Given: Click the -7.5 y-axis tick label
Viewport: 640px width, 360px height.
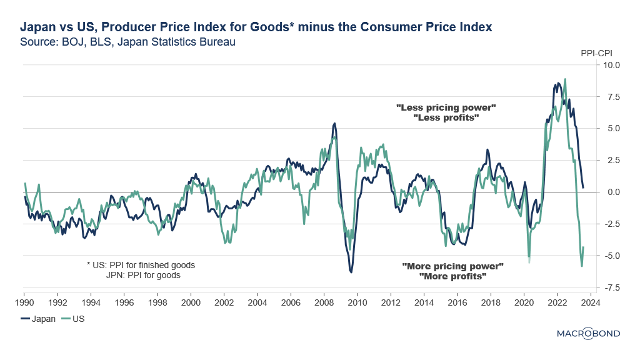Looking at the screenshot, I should coord(611,287).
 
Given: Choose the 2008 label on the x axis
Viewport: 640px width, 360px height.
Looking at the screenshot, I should coord(324,301).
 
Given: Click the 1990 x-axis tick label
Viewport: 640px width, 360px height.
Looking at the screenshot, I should coord(24,301).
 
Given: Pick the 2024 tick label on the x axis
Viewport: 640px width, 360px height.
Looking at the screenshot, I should coord(591,301).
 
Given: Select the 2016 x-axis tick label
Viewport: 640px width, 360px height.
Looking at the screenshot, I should coord(457,301).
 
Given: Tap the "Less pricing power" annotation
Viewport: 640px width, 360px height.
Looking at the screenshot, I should coord(446,107).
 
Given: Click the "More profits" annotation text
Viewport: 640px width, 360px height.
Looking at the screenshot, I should coord(452,276).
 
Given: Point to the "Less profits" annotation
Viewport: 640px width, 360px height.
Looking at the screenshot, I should coord(446,117).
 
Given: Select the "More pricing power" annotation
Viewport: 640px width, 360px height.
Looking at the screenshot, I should coord(452,266).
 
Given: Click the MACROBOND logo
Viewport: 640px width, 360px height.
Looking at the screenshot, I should coord(588,334).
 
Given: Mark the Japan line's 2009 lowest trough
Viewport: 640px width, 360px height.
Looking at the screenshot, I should coord(351,272).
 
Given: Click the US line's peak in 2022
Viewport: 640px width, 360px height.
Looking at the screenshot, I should coord(565,79).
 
